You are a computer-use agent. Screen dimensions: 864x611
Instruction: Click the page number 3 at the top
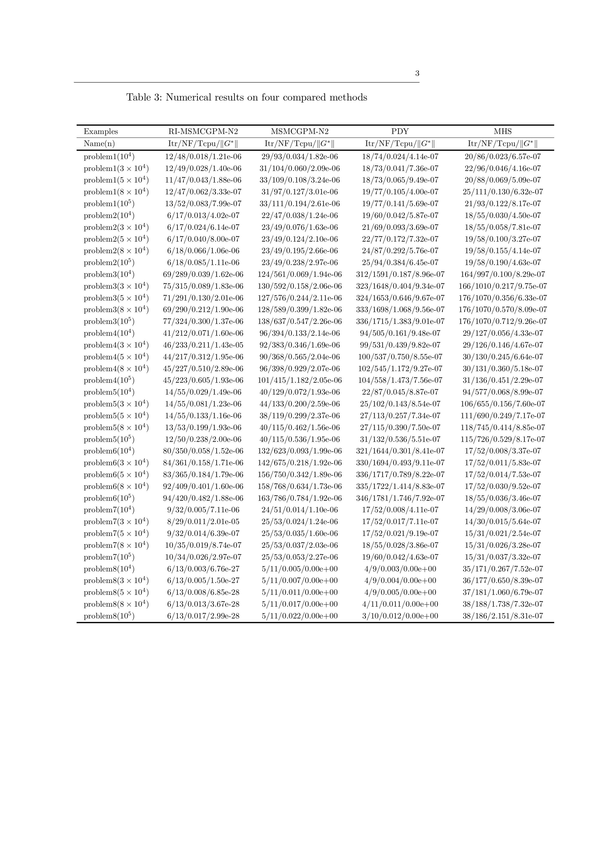coord(417,73)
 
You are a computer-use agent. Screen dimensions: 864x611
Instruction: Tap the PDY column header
coord(400,131)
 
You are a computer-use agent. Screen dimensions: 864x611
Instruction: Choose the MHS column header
coord(503,131)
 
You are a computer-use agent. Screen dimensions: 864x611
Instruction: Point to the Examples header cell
coord(101,131)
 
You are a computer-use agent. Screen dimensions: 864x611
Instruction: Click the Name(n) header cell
coord(99,143)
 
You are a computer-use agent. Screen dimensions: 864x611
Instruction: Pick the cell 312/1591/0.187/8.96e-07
coord(400,274)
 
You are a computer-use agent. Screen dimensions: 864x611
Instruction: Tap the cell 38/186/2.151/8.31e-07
coord(503,616)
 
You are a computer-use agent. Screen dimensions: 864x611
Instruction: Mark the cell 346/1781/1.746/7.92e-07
coord(400,498)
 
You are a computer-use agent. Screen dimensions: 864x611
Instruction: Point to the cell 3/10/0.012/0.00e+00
coord(400,616)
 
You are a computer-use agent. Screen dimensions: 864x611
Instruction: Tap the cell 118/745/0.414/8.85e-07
coord(503,428)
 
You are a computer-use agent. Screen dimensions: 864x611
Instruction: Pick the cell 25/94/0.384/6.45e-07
coord(400,263)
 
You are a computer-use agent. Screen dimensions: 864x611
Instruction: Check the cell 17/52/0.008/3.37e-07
coord(503,451)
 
